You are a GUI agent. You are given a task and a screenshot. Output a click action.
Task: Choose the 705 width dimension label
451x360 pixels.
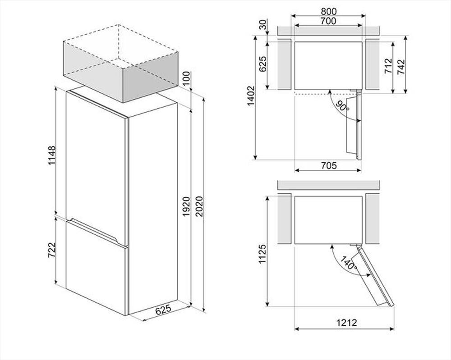(x=329, y=166)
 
